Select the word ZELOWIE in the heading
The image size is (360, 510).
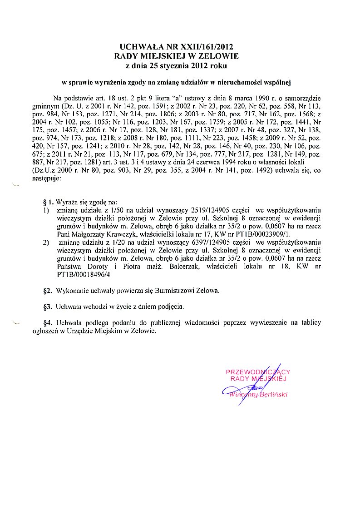point(216,56)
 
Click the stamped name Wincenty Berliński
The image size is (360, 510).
point(258,394)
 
